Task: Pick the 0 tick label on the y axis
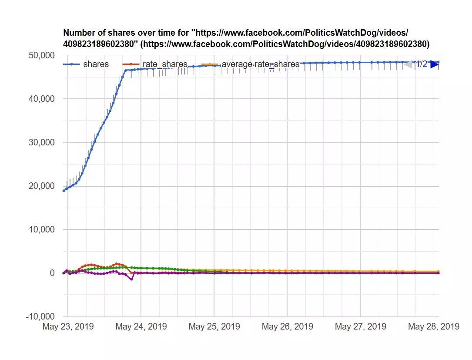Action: (52, 273)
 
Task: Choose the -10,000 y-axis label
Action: (40, 316)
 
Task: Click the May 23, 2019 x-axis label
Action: (68, 326)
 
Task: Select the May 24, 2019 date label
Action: (141, 326)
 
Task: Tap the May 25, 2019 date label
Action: (214, 326)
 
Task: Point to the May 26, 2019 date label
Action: (287, 326)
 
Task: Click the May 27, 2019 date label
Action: (360, 326)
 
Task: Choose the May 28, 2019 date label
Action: (433, 326)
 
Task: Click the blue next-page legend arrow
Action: (434, 64)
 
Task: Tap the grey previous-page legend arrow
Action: (408, 64)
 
